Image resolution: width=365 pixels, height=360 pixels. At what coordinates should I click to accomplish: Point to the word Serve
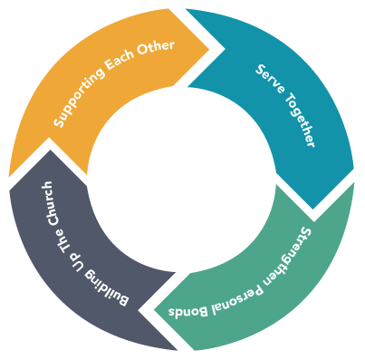pyautogui.click(x=268, y=83)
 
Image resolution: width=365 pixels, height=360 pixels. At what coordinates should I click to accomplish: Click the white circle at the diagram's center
pyautogui.click(x=182, y=180)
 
